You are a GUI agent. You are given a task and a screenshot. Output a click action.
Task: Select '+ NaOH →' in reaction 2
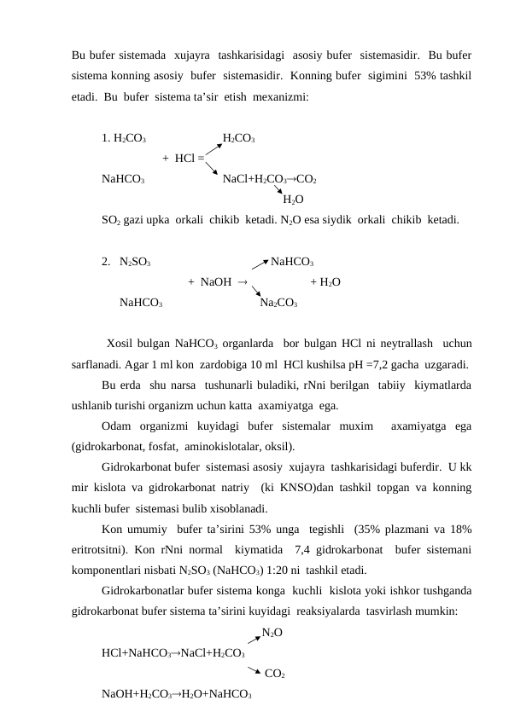(218, 281)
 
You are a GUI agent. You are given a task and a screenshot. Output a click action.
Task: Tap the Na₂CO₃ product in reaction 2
(278, 303)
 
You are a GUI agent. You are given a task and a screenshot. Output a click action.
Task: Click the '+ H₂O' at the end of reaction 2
(327, 281)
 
